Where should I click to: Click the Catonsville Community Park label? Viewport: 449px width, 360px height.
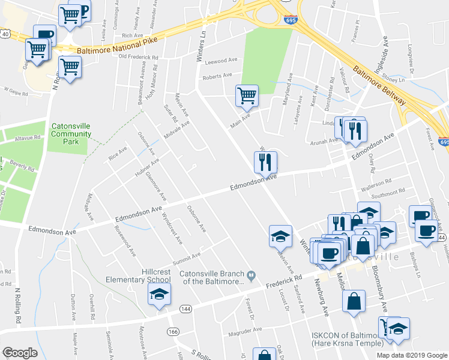(x=71, y=130)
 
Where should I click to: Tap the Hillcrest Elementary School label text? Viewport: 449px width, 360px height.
(x=139, y=275)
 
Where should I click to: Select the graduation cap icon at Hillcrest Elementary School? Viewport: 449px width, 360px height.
(x=159, y=294)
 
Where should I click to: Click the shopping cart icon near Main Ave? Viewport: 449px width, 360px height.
(x=247, y=95)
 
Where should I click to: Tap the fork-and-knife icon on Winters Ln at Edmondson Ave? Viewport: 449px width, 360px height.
(x=265, y=161)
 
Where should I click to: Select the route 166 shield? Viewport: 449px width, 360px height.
(x=173, y=331)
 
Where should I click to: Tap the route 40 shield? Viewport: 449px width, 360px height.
(x=5, y=35)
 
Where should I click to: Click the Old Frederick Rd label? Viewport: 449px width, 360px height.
(x=138, y=57)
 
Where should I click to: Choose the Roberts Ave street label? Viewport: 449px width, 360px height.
(x=217, y=76)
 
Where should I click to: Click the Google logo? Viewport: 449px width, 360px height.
(x=20, y=353)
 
